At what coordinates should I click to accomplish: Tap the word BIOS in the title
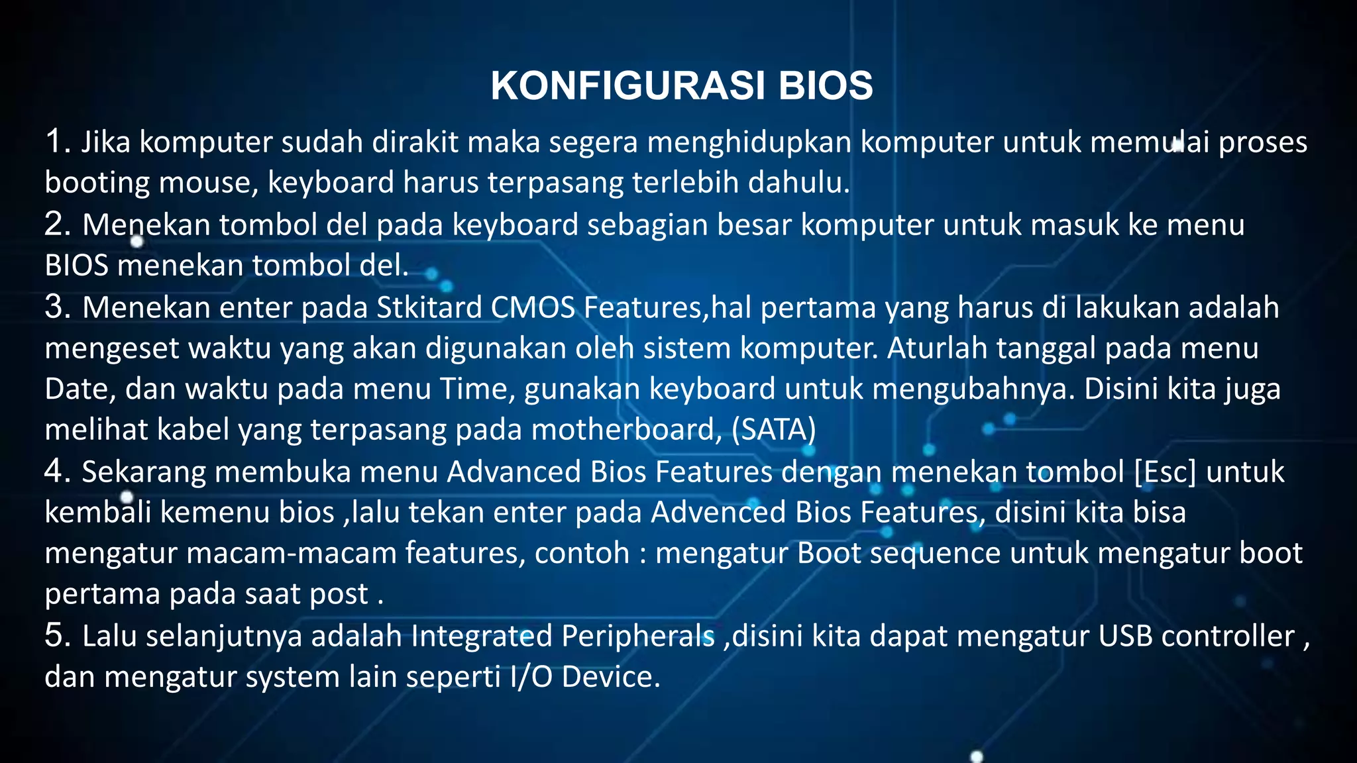pyautogui.click(x=826, y=86)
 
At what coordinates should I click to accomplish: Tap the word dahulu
pyautogui.click(x=798, y=183)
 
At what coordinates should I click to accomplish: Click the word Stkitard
pyautogui.click(x=429, y=308)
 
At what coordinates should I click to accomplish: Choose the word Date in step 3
pyautogui.click(x=80, y=389)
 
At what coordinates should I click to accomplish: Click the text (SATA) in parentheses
pyautogui.click(x=773, y=431)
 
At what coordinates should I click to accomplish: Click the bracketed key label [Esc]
pyautogui.click(x=1165, y=472)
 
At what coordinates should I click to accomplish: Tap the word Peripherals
pyautogui.click(x=637, y=636)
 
